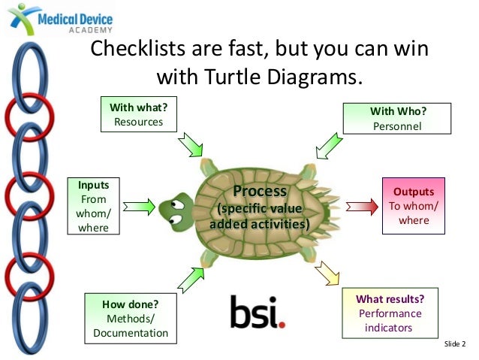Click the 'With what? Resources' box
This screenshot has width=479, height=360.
coord(138,114)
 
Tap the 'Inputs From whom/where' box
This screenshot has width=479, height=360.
coord(93,205)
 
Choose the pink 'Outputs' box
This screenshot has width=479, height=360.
coord(414,201)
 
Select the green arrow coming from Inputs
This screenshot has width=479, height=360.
coord(140,204)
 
